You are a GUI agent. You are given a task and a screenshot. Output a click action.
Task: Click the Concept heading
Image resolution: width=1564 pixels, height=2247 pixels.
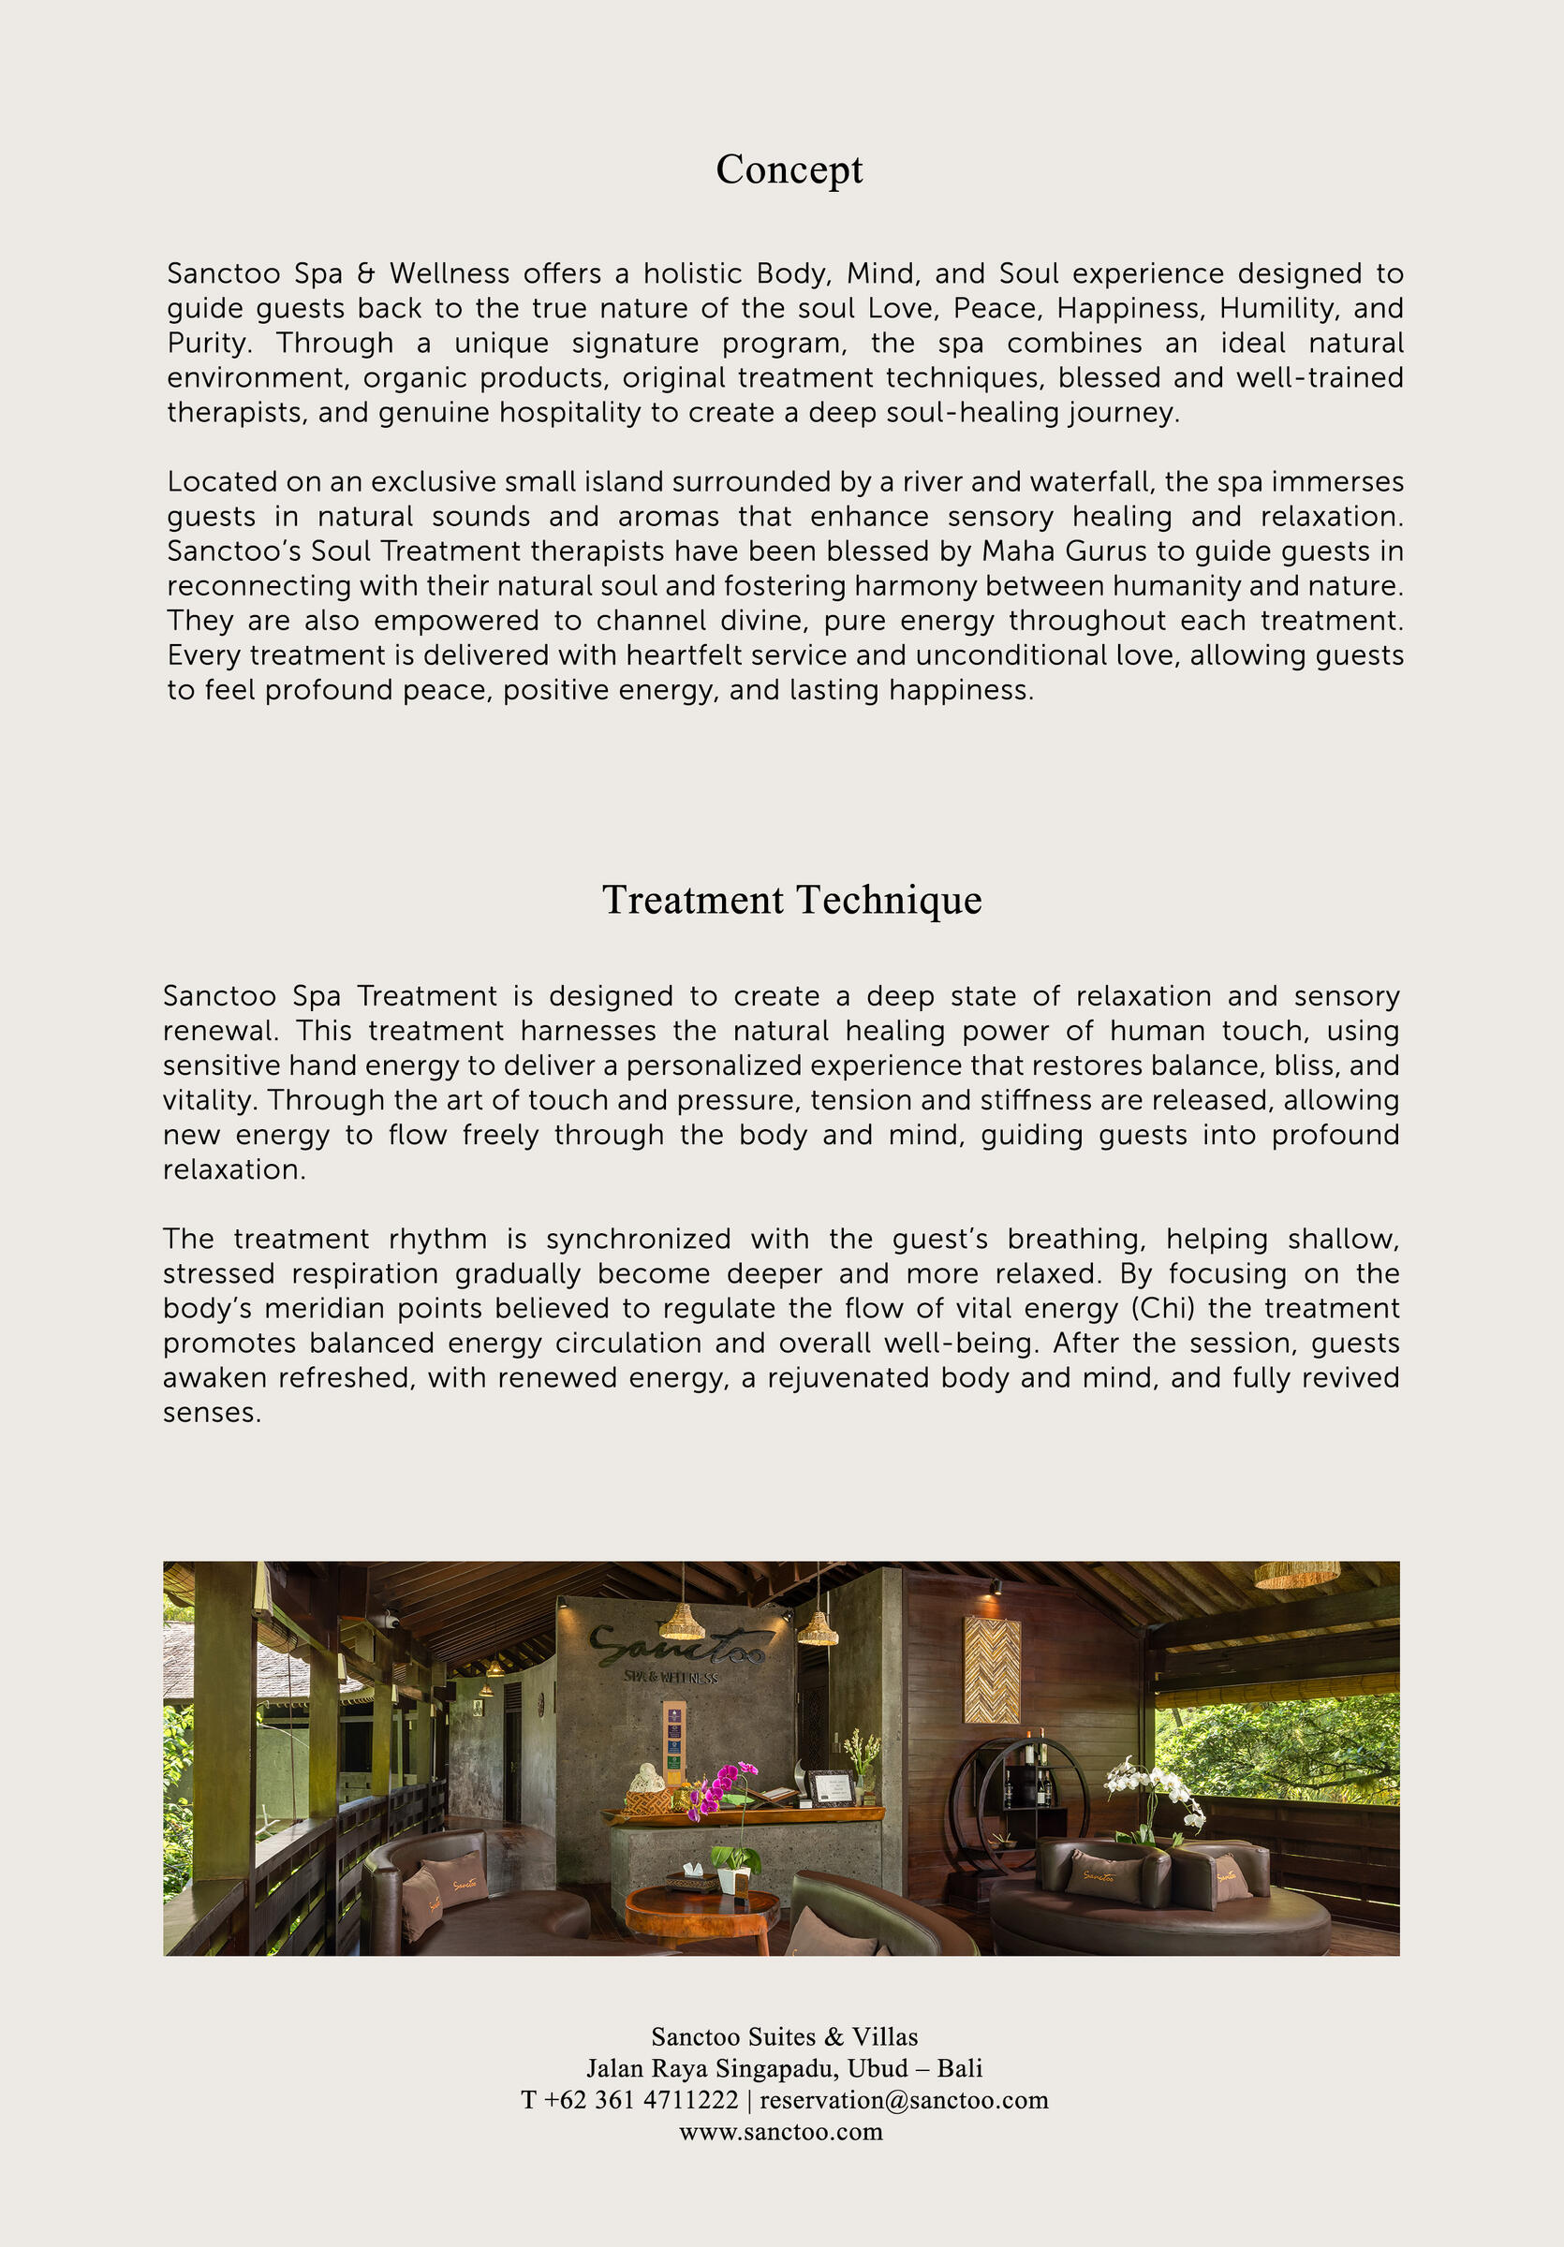coord(789,169)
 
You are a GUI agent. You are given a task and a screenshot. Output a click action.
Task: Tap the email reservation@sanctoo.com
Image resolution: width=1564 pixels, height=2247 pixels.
coord(904,2099)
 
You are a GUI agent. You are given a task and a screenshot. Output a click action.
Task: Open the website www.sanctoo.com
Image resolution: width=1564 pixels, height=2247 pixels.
coord(781,2131)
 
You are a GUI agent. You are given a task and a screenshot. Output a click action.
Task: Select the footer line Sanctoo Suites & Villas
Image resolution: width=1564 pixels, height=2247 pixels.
coord(784,2036)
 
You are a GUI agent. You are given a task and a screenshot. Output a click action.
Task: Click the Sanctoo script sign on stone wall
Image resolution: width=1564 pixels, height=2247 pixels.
coord(675,1644)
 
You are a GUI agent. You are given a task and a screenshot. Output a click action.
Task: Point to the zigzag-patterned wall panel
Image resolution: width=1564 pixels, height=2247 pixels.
coord(992,1669)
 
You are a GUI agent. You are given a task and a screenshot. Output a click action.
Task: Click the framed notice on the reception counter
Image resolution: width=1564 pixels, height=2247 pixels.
coord(829,1788)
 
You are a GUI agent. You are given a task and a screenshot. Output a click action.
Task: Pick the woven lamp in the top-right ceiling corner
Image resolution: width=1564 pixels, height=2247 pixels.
coord(1297,1575)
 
